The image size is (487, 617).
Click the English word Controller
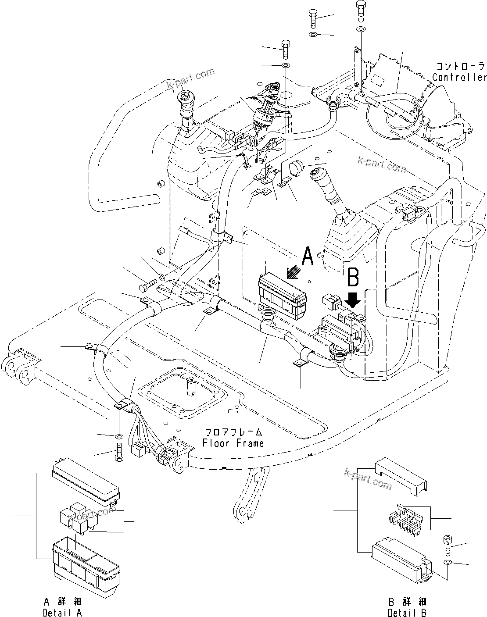tap(459, 78)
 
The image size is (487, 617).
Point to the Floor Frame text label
tap(233, 443)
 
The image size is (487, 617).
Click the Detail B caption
tap(407, 613)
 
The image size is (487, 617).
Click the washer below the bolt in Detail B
tap(447, 563)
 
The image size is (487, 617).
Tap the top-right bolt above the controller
tap(360, 9)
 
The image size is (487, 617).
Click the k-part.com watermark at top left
tap(193, 78)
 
